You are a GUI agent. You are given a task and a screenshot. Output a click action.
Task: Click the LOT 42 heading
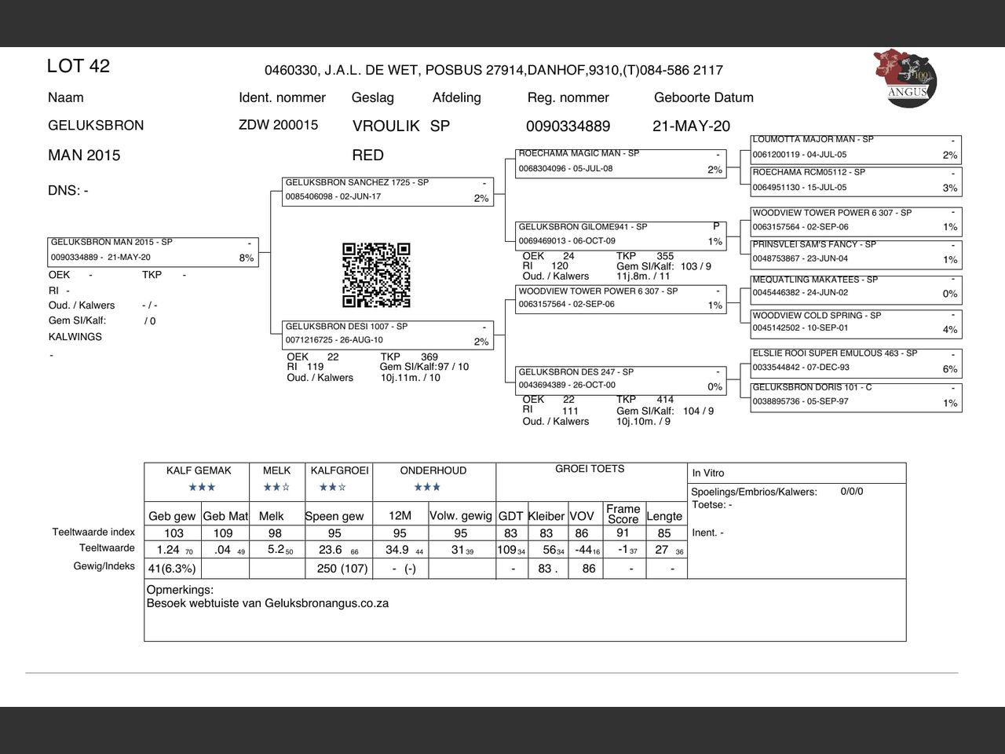click(x=79, y=66)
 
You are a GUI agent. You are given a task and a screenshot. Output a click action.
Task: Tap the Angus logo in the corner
click(x=905, y=78)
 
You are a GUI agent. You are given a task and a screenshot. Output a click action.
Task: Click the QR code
click(x=376, y=275)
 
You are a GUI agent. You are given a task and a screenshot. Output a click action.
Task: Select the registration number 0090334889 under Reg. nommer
click(x=568, y=126)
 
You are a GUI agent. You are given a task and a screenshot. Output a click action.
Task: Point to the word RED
click(x=368, y=155)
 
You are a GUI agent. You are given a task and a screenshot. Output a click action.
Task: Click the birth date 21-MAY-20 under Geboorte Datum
click(x=691, y=126)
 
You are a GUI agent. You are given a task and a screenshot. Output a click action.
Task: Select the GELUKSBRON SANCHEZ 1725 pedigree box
click(x=388, y=191)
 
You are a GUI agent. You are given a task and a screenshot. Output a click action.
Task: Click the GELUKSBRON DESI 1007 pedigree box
click(x=388, y=335)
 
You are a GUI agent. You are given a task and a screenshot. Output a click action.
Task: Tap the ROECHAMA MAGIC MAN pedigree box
click(x=620, y=163)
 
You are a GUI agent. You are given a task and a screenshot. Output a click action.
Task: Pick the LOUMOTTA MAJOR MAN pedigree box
click(x=856, y=148)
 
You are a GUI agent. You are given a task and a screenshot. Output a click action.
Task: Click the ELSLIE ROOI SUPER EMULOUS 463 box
click(x=856, y=361)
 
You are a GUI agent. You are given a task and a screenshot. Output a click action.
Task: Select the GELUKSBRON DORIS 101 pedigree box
click(x=856, y=396)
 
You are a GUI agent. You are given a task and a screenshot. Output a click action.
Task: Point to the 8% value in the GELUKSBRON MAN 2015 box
click(x=247, y=258)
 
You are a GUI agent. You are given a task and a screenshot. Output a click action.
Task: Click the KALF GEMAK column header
click(x=199, y=470)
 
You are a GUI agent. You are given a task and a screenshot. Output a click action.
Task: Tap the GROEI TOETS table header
click(x=590, y=469)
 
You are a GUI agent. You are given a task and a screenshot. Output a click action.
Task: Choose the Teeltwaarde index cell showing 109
click(x=223, y=533)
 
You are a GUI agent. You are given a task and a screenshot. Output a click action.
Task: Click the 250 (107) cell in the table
click(x=342, y=569)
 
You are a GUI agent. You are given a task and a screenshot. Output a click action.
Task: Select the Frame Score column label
click(x=623, y=514)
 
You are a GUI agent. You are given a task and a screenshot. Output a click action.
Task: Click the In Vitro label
click(x=708, y=473)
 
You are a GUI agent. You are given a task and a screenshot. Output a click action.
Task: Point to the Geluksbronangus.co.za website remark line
click(x=268, y=603)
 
